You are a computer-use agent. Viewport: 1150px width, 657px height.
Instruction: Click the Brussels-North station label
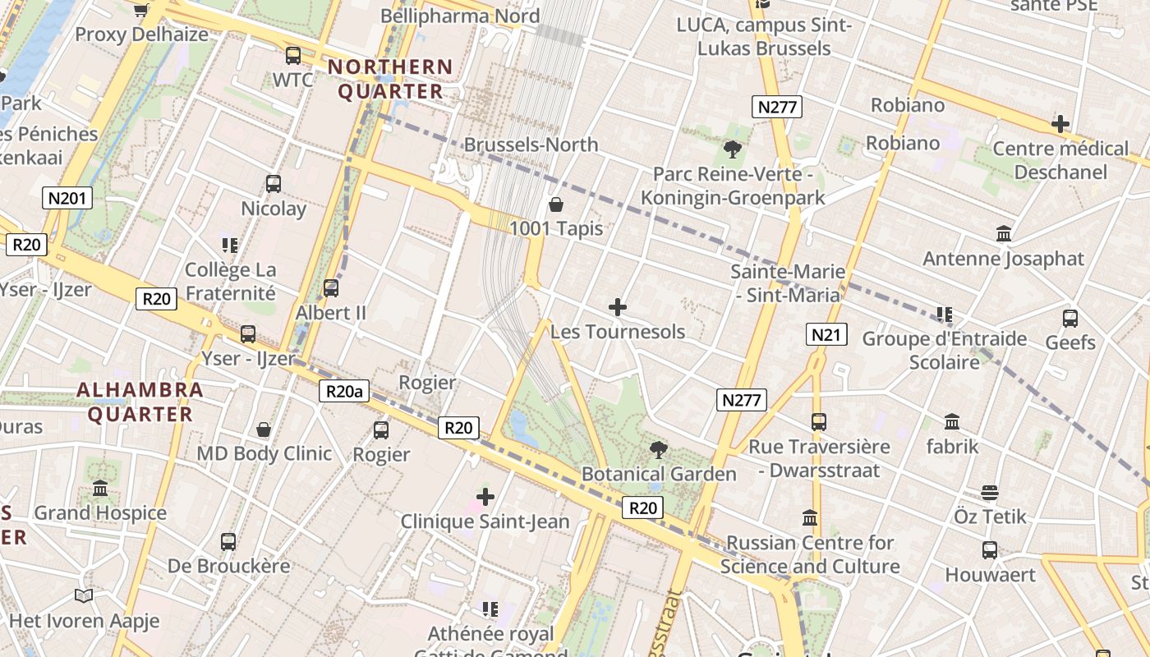(x=531, y=145)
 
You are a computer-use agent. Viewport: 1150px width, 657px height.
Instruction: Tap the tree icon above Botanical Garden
(x=658, y=450)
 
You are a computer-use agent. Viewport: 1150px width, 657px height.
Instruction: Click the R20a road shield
(x=344, y=391)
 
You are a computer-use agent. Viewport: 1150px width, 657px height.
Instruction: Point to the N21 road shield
(x=826, y=334)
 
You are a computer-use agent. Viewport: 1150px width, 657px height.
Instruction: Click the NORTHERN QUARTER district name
(x=391, y=79)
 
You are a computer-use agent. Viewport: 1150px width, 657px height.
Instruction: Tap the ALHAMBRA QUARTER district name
(x=140, y=402)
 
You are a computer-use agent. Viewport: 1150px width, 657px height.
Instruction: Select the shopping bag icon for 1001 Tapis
(x=556, y=204)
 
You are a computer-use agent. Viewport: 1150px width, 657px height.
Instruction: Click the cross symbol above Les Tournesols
(x=618, y=308)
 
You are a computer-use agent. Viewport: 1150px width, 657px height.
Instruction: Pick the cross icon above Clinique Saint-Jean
(x=485, y=497)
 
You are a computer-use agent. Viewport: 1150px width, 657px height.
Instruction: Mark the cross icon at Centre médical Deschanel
(x=1060, y=125)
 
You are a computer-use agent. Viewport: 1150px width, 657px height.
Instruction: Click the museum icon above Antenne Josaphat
(x=1003, y=234)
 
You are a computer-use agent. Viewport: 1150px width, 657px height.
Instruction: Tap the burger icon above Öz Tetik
(x=990, y=493)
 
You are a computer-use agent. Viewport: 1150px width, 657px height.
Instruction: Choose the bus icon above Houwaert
(x=990, y=550)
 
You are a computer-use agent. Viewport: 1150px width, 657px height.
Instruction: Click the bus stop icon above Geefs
(x=1070, y=319)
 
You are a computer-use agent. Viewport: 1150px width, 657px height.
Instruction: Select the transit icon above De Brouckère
(x=228, y=542)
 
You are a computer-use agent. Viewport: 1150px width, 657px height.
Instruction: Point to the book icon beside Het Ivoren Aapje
(x=83, y=595)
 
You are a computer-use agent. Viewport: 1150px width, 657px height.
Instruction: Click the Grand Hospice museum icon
(x=100, y=489)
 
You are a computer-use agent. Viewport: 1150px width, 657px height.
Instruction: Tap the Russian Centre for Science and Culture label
(x=810, y=554)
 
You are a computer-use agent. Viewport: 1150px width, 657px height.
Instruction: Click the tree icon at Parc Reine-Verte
(x=732, y=149)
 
